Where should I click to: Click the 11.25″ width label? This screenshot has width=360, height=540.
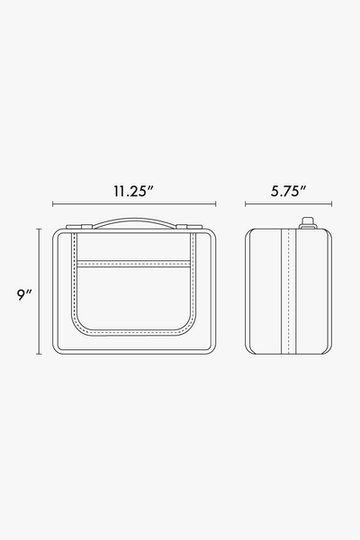click(x=134, y=191)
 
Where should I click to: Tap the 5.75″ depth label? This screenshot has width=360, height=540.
click(x=288, y=191)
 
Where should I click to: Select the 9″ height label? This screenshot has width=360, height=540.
click(x=24, y=295)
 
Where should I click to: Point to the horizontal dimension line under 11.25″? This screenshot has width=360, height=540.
click(x=134, y=204)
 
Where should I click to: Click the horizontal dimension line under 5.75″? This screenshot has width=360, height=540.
click(x=289, y=204)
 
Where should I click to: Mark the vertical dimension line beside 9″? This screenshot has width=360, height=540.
click(x=39, y=292)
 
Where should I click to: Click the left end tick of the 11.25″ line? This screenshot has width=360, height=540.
click(x=53, y=204)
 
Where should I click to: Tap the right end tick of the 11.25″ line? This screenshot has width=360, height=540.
click(x=216, y=204)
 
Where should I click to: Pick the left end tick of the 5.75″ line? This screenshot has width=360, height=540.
click(x=246, y=204)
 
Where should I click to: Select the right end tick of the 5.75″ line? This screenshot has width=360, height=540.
click(x=332, y=204)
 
